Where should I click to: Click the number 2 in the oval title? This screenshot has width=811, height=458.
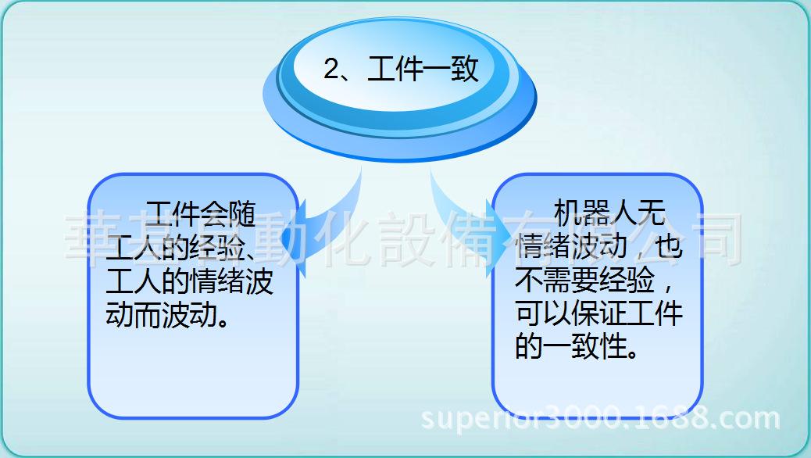coord(331,70)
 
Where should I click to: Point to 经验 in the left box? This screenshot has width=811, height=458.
coord(216,248)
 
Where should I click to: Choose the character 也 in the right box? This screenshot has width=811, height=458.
coord(665,247)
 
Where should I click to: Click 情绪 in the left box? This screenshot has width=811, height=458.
coord(216,281)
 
